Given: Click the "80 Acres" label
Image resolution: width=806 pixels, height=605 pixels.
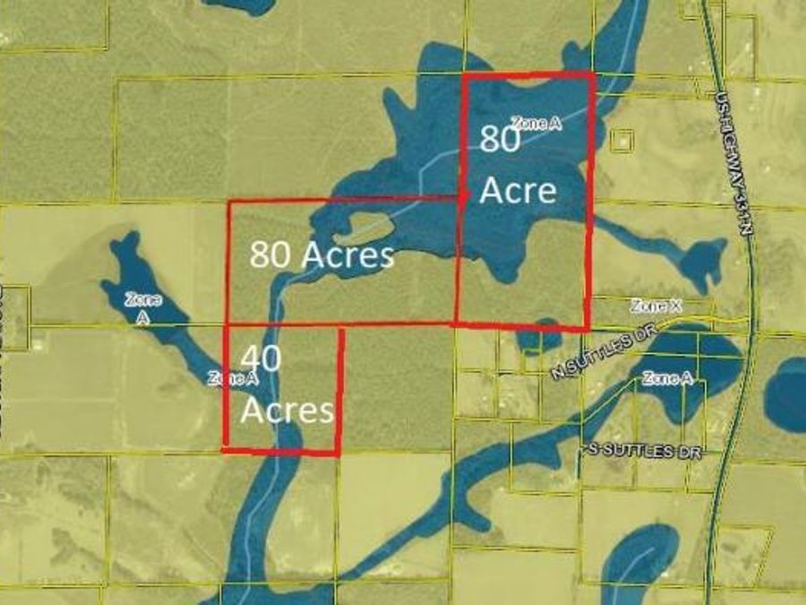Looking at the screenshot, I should click(322, 255).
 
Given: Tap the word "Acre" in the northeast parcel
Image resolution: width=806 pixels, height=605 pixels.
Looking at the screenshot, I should click(519, 191).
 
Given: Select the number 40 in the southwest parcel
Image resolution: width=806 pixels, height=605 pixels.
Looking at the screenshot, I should click(261, 358).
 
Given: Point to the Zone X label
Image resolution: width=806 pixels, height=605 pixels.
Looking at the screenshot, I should click(656, 307).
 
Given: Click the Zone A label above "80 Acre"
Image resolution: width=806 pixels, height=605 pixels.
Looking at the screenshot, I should click(536, 124).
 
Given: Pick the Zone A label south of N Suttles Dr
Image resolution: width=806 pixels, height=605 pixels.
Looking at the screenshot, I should click(667, 379).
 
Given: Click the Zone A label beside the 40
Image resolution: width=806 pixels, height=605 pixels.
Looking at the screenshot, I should click(233, 378).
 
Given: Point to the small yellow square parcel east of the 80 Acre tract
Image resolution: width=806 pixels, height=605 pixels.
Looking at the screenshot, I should click(621, 140).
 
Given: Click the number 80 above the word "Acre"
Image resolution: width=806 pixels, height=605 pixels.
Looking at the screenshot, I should click(499, 140).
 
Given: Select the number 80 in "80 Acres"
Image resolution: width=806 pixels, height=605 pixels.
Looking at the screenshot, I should click(269, 255).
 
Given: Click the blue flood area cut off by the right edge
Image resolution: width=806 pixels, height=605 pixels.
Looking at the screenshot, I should click(788, 394).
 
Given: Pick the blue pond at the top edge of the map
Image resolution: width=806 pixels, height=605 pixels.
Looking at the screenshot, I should click(236, 5).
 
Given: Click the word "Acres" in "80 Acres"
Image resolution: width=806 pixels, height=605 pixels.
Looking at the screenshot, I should click(347, 255).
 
